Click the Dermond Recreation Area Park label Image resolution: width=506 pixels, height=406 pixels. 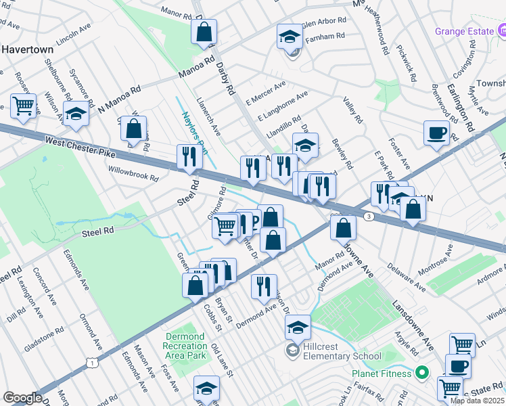pyautogui.click(x=184, y=346)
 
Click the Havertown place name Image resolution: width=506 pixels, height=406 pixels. pyautogui.click(x=27, y=49)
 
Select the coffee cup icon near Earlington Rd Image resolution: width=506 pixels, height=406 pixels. pyautogui.click(x=436, y=132)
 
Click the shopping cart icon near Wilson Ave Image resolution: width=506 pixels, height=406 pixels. pyautogui.click(x=23, y=106)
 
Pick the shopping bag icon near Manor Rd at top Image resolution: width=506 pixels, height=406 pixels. pyautogui.click(x=204, y=31)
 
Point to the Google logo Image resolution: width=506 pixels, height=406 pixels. pyautogui.click(x=22, y=398)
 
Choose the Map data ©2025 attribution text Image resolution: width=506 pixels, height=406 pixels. pyautogui.click(x=478, y=401)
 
